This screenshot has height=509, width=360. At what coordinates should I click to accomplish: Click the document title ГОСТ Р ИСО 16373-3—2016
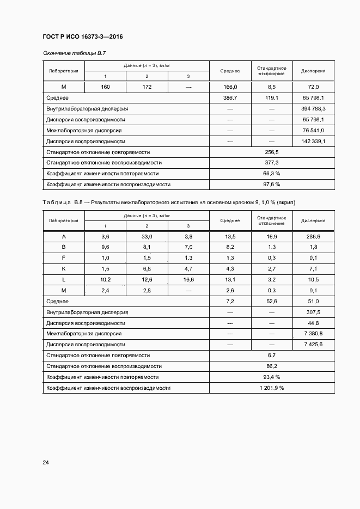pyautogui.click(x=83, y=36)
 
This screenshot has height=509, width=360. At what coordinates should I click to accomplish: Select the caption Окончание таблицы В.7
pyautogui.click(x=74, y=53)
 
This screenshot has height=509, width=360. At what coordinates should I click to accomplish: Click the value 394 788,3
pyautogui.click(x=313, y=108)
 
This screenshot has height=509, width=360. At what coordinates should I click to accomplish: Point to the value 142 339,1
pyautogui.click(x=313, y=141)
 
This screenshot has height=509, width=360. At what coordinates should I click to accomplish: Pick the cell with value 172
pyautogui.click(x=147, y=87)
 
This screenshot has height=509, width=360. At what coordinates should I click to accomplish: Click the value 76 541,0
pyautogui.click(x=313, y=130)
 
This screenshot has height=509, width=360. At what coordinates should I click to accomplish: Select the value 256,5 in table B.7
pyautogui.click(x=271, y=152)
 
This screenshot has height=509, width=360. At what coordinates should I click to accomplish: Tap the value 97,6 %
pyautogui.click(x=271, y=185)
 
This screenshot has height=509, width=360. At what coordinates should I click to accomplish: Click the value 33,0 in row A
pyautogui.click(x=147, y=236)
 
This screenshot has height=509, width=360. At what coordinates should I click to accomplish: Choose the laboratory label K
pyautogui.click(x=64, y=268)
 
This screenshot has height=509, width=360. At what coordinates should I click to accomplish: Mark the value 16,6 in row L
pyautogui.click(x=188, y=279)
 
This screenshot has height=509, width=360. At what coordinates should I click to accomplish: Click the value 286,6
pyautogui.click(x=313, y=236)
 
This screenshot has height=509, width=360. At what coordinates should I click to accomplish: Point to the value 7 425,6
pyautogui.click(x=313, y=344)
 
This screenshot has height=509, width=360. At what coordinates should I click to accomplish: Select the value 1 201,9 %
pyautogui.click(x=271, y=388)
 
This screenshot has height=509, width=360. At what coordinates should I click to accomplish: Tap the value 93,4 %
pyautogui.click(x=271, y=377)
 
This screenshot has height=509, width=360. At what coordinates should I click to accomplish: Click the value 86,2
pyautogui.click(x=271, y=366)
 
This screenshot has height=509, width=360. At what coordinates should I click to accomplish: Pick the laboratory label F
pyautogui.click(x=64, y=257)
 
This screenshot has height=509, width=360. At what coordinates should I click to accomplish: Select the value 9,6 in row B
pyautogui.click(x=105, y=247)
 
